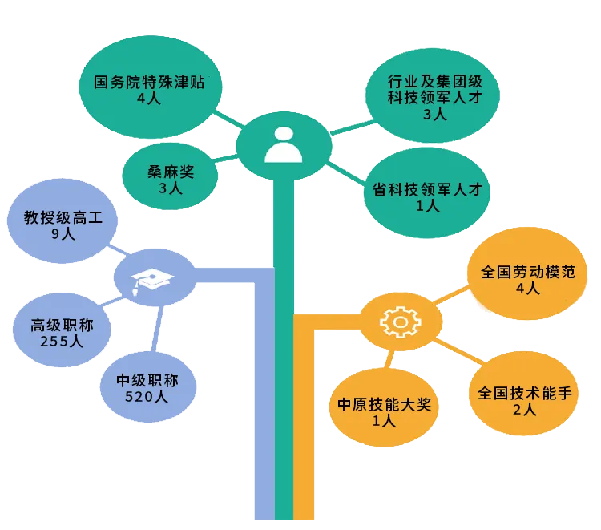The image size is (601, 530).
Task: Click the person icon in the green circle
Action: tap(283, 144)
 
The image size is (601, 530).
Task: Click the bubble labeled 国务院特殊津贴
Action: tap(151, 89)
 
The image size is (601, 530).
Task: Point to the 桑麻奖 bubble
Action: tap(171, 178)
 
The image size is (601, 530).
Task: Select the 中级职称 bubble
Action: tap(149, 387)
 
